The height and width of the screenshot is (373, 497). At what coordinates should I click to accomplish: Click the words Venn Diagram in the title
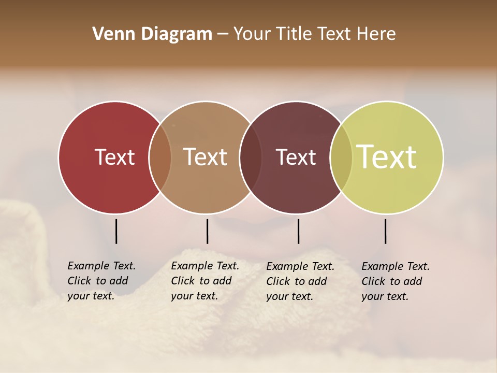point(152,34)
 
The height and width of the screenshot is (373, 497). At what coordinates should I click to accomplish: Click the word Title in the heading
point(294,34)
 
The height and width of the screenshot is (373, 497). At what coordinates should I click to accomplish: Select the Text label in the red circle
point(114,157)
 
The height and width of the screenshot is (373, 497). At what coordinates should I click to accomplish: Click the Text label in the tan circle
point(206,157)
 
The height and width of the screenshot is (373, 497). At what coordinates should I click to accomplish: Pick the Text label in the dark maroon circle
point(296,157)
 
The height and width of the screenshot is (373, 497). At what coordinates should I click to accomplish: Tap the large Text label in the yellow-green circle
point(387,157)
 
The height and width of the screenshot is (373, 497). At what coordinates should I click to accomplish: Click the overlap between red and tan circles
point(160,157)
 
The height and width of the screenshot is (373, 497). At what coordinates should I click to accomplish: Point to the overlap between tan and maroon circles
point(251,157)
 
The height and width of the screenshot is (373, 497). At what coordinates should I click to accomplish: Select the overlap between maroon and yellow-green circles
point(341,157)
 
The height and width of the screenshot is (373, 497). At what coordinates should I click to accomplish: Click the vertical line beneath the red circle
point(116,231)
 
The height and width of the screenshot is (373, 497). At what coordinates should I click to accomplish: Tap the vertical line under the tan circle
point(207,231)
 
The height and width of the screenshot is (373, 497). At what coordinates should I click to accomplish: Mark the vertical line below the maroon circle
point(298,231)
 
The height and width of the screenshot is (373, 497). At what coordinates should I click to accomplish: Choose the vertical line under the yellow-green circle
point(385,231)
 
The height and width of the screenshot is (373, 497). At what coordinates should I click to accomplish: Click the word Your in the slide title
point(253,34)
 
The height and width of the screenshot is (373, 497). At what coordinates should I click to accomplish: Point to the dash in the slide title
point(223,35)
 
